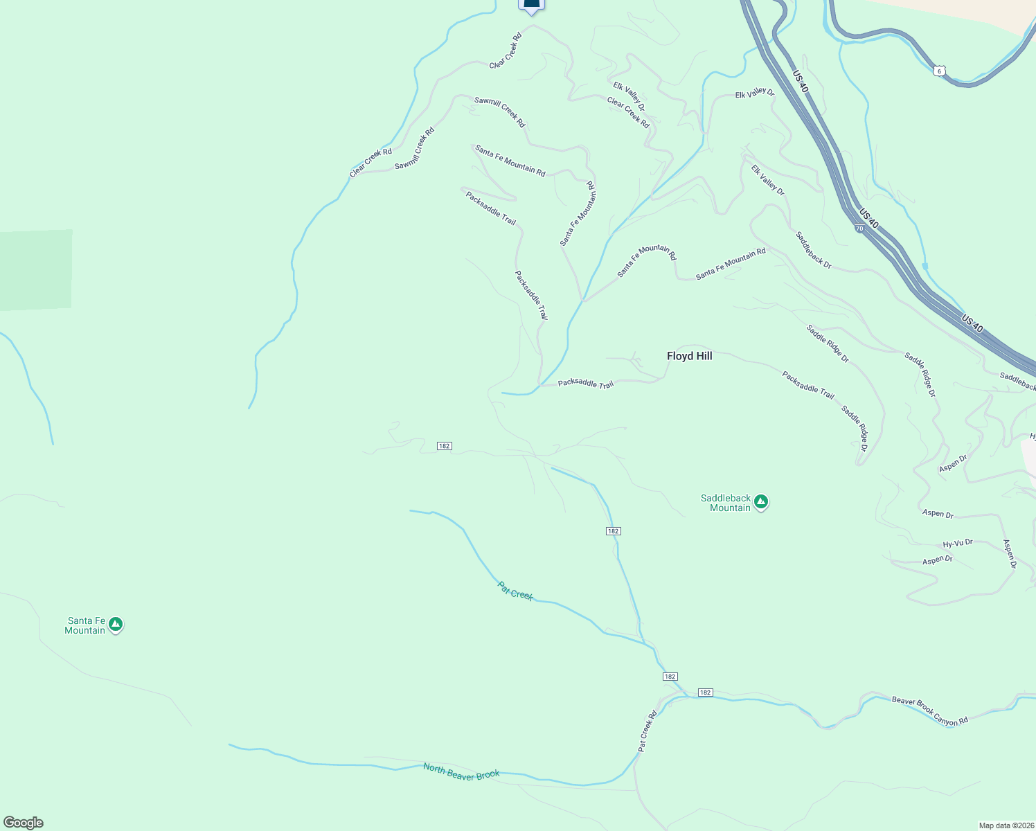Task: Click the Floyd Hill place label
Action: point(689,356)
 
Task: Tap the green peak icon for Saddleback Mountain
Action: point(761,502)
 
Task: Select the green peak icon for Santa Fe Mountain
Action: point(116,625)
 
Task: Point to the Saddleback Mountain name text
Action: point(725,503)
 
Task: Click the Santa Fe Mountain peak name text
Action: point(86,625)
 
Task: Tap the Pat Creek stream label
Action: point(515,591)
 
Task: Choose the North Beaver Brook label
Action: point(461,771)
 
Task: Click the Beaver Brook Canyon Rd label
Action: point(929,711)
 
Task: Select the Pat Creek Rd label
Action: point(647,731)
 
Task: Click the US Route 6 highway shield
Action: point(938,71)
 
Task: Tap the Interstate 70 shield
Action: point(859,228)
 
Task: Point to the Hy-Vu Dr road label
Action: point(958,544)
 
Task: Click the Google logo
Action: point(24,823)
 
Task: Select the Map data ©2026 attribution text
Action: point(1006,825)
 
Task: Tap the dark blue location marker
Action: point(531,5)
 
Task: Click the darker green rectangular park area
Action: point(35,270)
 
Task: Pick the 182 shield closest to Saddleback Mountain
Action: point(613,531)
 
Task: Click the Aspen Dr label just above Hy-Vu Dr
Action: point(938,513)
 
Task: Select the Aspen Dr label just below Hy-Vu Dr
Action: point(937,560)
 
